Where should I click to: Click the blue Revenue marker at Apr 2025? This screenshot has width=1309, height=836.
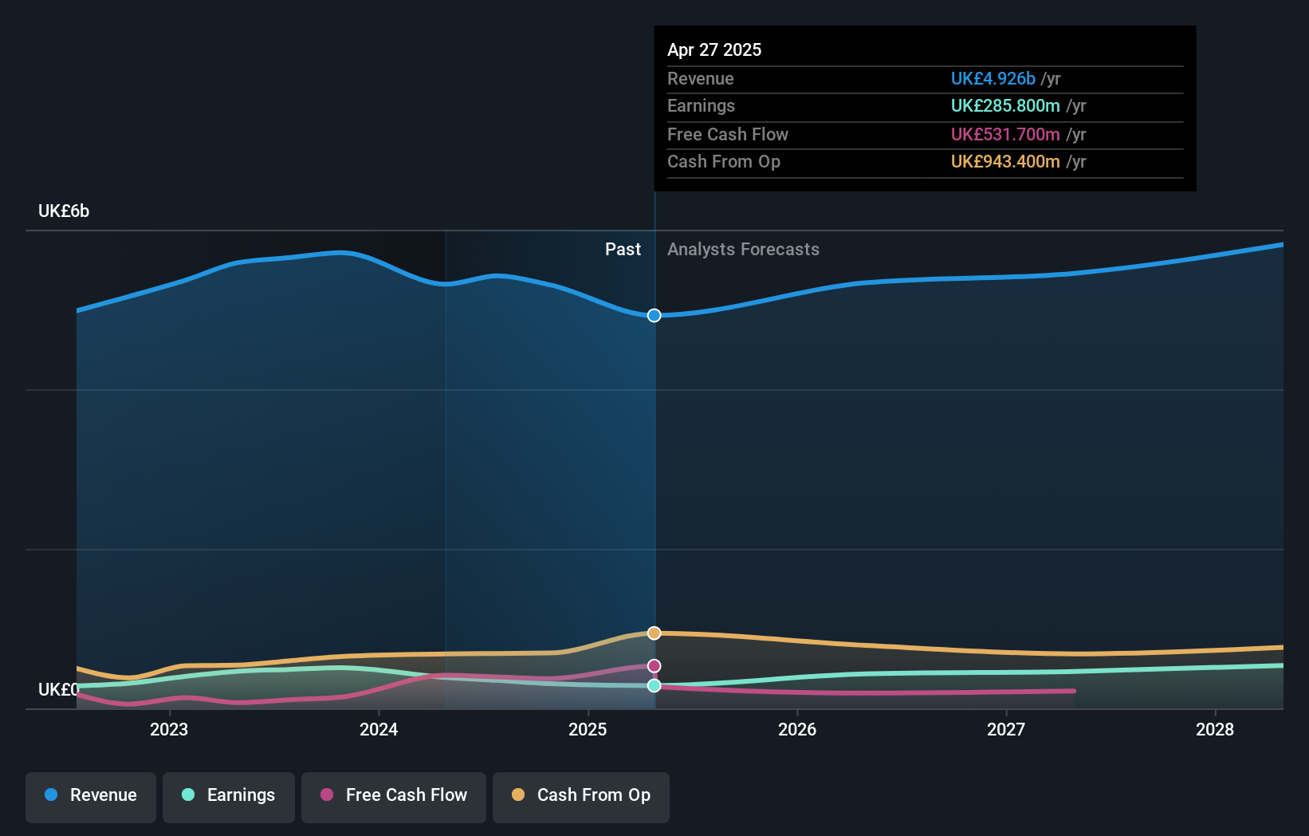click(x=654, y=315)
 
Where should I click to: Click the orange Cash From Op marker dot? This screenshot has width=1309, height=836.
click(x=654, y=633)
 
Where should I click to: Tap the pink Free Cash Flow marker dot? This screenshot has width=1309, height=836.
click(x=654, y=665)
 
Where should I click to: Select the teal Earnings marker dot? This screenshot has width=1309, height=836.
click(x=654, y=685)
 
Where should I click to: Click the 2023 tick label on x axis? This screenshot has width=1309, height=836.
click(x=169, y=729)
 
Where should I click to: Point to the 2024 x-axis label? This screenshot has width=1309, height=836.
click(x=379, y=729)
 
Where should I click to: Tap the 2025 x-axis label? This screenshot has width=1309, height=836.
click(x=588, y=729)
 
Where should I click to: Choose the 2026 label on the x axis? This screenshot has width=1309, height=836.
click(x=797, y=729)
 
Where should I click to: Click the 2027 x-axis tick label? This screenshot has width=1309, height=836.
click(x=1006, y=729)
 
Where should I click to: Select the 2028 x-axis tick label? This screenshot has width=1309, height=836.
click(x=1215, y=729)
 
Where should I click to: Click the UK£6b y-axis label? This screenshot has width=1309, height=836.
click(x=64, y=211)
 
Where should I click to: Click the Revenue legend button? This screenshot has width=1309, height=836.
click(x=91, y=795)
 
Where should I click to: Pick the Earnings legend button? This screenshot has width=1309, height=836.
click(x=229, y=795)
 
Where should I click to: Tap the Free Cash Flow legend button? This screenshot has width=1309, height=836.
click(x=394, y=795)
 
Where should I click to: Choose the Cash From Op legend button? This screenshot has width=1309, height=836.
click(x=581, y=795)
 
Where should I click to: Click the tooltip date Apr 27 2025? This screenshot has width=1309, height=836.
click(x=714, y=49)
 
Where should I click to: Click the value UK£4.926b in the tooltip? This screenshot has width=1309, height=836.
click(x=993, y=78)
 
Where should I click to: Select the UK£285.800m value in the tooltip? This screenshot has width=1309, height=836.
click(x=1005, y=105)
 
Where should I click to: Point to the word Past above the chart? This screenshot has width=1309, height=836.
click(x=623, y=249)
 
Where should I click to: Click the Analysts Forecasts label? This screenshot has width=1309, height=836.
click(x=743, y=249)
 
